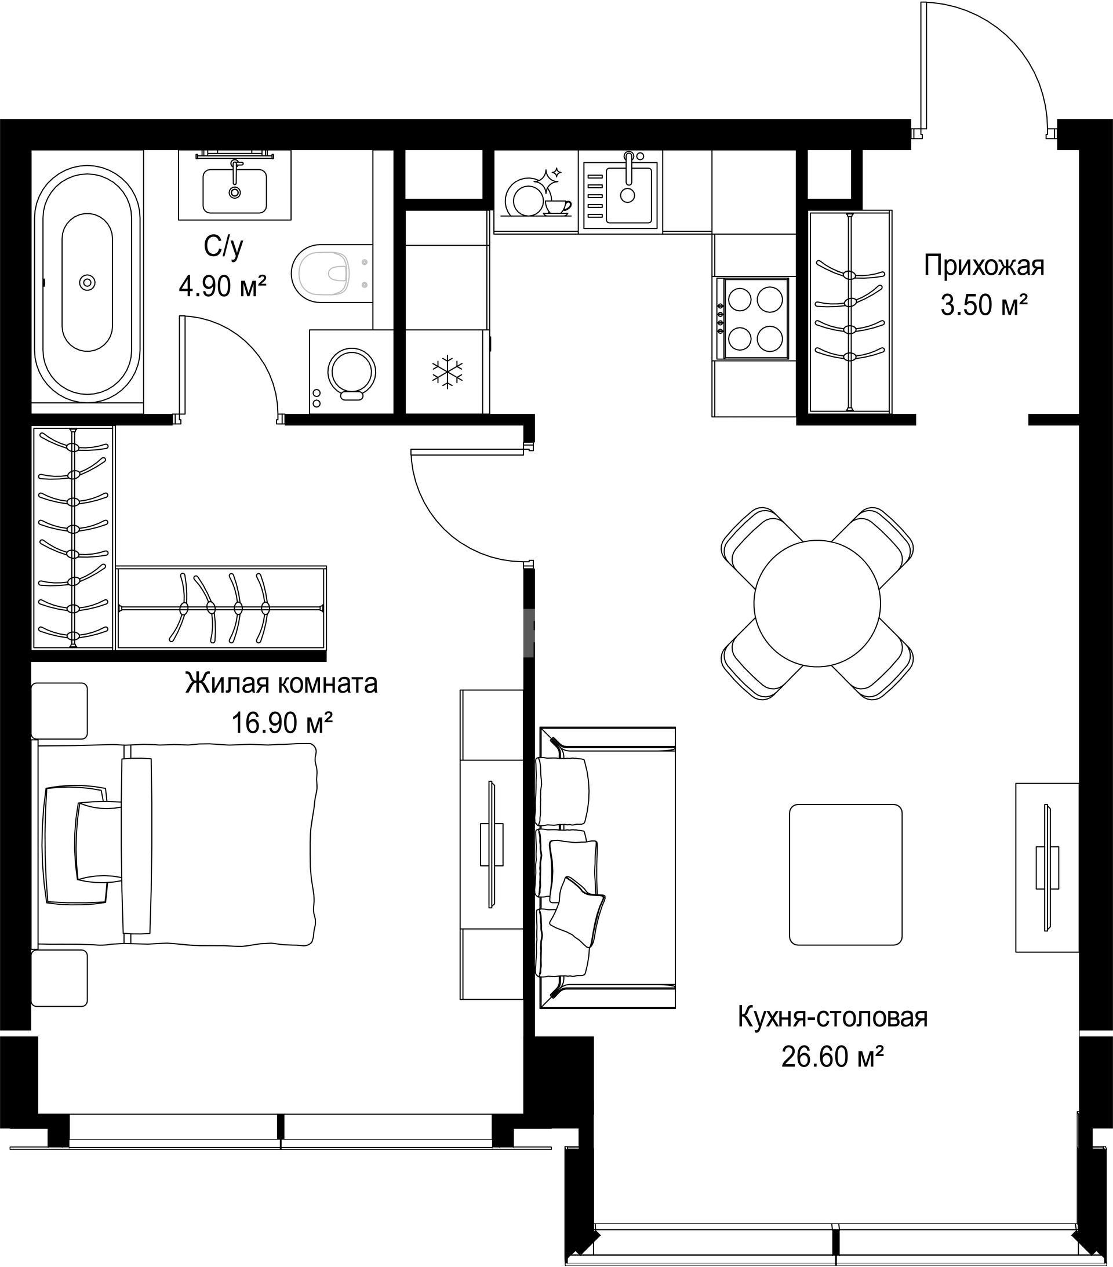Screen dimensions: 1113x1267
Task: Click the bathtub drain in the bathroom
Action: (88, 283)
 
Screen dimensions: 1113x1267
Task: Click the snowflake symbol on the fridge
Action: (447, 373)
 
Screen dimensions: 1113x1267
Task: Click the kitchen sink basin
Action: (629, 195)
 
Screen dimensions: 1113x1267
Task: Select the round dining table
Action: (817, 603)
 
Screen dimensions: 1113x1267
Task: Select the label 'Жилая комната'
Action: (282, 684)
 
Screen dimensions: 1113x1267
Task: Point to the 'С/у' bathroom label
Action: (223, 248)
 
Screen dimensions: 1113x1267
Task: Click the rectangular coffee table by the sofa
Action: (845, 875)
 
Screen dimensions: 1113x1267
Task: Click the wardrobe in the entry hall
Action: (850, 311)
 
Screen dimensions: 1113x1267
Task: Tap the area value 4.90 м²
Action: (223, 287)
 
